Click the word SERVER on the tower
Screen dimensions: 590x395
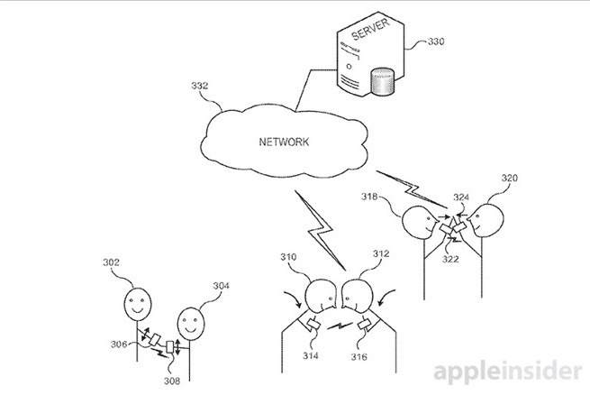(x=370, y=29)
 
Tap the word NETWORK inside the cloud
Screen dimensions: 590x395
(x=284, y=142)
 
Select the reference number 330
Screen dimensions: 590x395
(x=436, y=41)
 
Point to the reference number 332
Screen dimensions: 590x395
(x=199, y=86)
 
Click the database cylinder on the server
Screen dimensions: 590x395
(x=382, y=80)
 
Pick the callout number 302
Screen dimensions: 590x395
(x=111, y=262)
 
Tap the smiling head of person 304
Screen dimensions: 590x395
(x=191, y=324)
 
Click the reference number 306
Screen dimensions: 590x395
(x=119, y=344)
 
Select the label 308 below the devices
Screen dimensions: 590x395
(x=172, y=381)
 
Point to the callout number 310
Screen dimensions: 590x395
(x=288, y=257)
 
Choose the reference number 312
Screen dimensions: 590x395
(x=381, y=253)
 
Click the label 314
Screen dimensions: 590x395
(x=311, y=355)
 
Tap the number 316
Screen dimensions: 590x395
(x=359, y=356)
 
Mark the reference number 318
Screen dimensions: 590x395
(x=369, y=197)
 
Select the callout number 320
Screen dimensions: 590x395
(x=510, y=178)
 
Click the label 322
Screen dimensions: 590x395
(x=450, y=259)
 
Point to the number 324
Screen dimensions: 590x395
(x=461, y=197)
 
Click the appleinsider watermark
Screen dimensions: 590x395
(x=508, y=372)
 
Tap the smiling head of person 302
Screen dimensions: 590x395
(x=138, y=304)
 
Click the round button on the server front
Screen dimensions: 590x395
(x=349, y=67)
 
